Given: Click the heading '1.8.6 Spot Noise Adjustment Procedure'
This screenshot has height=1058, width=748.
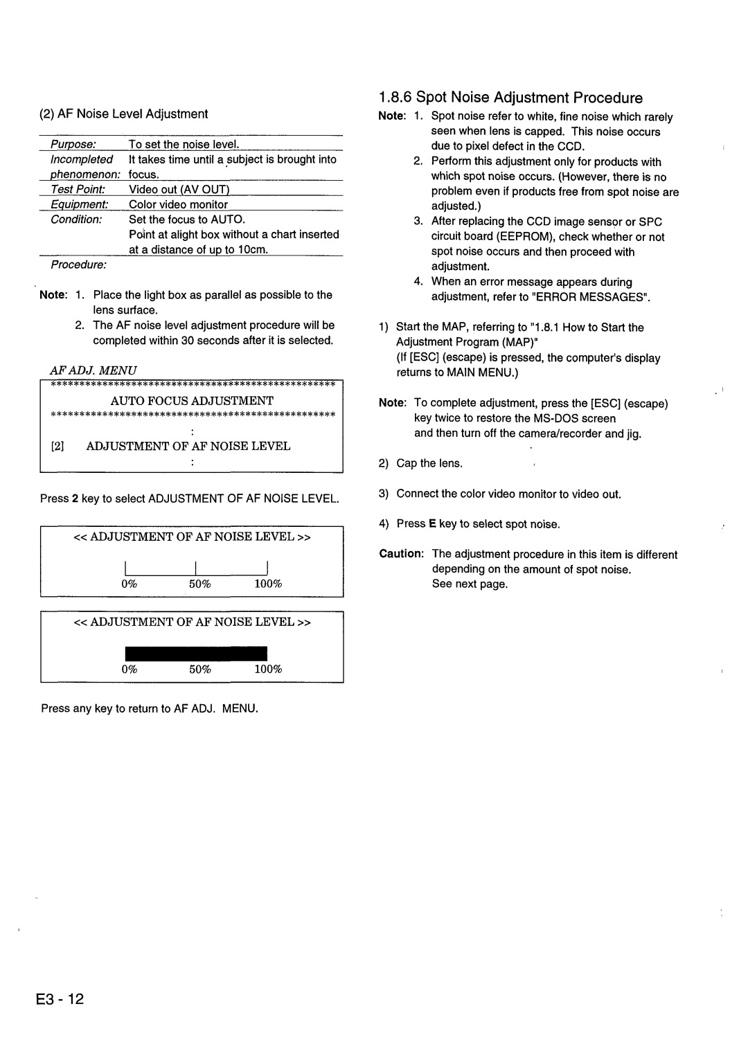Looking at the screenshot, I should coord(510,98).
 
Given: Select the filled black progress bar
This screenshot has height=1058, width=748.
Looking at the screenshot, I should coord(196,653).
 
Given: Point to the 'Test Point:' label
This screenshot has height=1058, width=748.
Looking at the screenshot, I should coord(78,189).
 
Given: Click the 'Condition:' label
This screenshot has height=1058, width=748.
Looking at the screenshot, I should coord(76,219).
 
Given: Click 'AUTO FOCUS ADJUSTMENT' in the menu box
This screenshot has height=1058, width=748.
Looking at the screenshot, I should coord(193,401).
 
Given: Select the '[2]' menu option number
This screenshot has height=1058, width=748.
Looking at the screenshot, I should coord(57,447).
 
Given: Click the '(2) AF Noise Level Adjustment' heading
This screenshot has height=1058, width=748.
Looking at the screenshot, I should coord(124,114).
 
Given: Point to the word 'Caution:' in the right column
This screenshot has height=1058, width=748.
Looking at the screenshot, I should coord(401,554).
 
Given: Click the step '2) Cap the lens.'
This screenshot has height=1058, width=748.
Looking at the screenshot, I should coord(420,463).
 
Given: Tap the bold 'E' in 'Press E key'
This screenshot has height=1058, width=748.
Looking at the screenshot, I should coord(431,524).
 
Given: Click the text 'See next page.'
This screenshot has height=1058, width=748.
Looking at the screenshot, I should coord(470,584).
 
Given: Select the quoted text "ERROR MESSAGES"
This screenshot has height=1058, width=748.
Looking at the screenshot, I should coord(599,297).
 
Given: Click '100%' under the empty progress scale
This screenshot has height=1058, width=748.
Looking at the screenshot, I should coord(268,584).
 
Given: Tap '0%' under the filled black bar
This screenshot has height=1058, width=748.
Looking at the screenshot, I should coord(130,669).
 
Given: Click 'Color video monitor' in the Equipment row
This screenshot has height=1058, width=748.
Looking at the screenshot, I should coord(178,204).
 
